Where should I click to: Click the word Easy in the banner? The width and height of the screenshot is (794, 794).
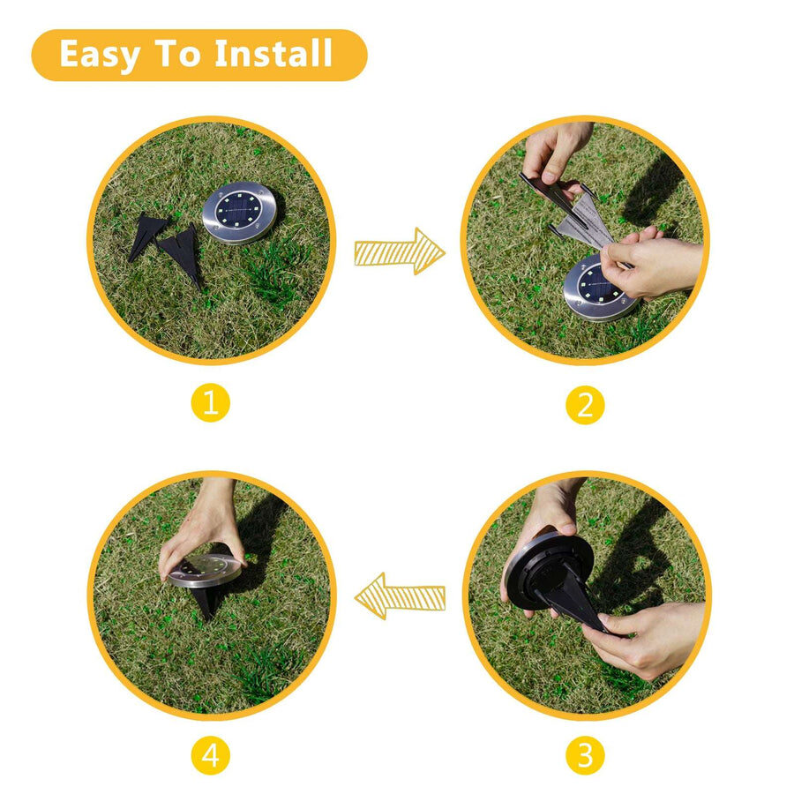tap(99, 55)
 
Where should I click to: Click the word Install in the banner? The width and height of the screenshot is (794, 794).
tap(273, 53)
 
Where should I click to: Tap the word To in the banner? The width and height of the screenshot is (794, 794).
tap(177, 53)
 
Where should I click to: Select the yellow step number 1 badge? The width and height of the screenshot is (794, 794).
tap(211, 403)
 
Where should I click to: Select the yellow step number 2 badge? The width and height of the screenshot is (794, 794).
tap(585, 405)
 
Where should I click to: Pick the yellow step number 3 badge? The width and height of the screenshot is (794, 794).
tap(585, 755)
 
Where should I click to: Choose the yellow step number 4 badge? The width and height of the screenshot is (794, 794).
tap(211, 755)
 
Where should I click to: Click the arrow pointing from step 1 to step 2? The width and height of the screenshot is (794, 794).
tap(400, 251)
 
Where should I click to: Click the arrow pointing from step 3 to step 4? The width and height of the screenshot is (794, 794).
tap(400, 596)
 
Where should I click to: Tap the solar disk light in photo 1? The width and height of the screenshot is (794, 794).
tap(239, 213)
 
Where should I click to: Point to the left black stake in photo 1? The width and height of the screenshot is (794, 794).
tap(146, 236)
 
